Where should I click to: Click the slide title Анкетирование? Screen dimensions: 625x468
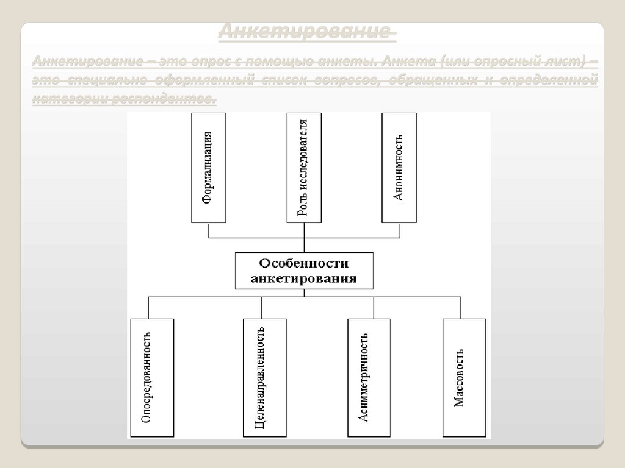[307, 32]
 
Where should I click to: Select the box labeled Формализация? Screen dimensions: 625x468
[208, 167]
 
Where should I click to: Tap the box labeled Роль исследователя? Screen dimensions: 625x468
[304, 167]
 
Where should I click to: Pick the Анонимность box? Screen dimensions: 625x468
[399, 167]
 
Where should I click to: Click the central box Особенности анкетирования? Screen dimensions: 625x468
[304, 271]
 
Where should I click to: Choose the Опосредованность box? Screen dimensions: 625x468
[152, 377]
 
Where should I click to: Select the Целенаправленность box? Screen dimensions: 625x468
[261, 377]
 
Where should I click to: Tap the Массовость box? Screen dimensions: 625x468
[464, 377]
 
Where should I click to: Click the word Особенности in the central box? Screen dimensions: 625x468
[304, 264]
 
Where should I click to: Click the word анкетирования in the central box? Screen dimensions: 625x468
[304, 279]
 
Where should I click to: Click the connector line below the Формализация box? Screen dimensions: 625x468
[208, 230]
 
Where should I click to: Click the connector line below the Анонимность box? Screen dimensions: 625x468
[399, 230]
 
